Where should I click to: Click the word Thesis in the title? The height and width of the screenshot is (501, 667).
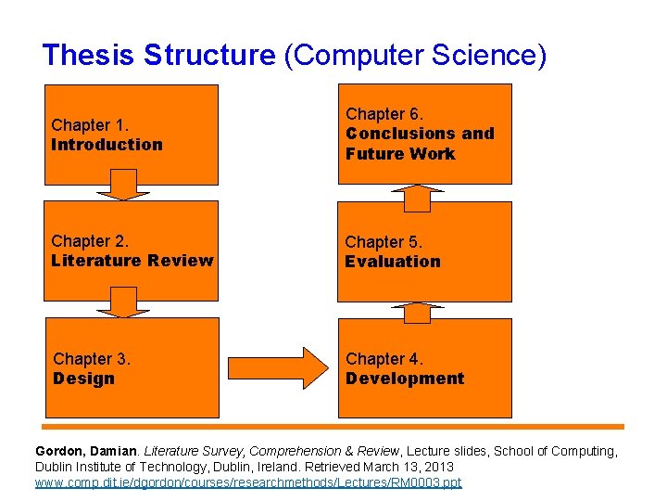pos(90,55)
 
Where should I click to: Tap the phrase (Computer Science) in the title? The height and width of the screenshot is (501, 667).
pos(415,55)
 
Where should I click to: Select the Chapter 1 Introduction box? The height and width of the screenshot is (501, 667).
pos(132,135)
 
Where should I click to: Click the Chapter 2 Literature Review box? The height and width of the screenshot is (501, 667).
pos(132,251)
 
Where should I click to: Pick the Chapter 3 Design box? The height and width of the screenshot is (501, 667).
pos(132,367)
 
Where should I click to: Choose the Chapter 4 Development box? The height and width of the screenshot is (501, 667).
pos(424,367)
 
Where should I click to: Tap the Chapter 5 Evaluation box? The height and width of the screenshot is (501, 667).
pos(424,251)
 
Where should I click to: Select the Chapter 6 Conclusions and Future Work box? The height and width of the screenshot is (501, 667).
pos(424,134)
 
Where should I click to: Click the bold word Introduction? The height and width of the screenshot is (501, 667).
pos(107,145)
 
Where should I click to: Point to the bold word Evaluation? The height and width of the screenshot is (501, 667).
pos(393,262)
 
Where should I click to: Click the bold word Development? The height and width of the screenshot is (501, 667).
pos(405,379)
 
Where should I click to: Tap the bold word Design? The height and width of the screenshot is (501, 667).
pos(84,379)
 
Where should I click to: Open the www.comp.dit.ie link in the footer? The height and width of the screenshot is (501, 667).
pos(248,483)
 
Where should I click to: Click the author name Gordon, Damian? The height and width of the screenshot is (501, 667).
pos(87,451)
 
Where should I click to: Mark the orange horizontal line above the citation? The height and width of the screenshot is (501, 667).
pos(333,427)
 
